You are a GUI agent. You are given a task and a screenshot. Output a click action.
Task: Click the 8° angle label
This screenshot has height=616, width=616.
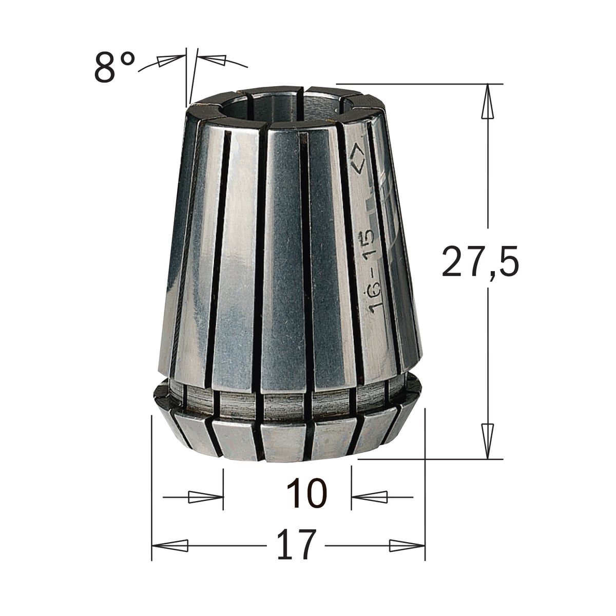pyautogui.click(x=114, y=68)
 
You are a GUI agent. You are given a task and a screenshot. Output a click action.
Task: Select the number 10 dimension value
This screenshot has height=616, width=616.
pyautogui.click(x=306, y=493)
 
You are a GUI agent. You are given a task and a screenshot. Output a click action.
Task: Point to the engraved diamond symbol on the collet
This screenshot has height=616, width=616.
pyautogui.click(x=357, y=158)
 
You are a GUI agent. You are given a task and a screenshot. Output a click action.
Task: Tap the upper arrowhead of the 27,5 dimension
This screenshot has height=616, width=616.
pyautogui.click(x=488, y=102)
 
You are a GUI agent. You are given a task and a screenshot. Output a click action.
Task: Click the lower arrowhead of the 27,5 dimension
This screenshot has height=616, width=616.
pyautogui.click(x=487, y=441)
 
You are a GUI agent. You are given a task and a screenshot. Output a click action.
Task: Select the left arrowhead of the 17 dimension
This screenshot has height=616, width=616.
pyautogui.click(x=170, y=545)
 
